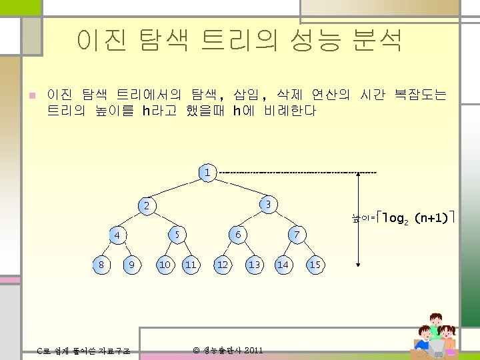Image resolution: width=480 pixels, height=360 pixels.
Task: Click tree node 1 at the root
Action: tap(207, 173)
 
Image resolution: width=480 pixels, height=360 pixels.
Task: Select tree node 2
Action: tap(148, 204)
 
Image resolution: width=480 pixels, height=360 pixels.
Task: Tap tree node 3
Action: tap(267, 204)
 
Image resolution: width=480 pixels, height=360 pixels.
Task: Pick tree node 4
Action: tap(117, 235)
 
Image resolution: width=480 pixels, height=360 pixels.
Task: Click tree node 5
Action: tap(177, 235)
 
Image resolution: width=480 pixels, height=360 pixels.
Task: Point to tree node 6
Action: tap(237, 235)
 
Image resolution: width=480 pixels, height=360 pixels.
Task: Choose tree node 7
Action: tap(297, 235)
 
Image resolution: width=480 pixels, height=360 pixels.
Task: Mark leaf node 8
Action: tap(101, 265)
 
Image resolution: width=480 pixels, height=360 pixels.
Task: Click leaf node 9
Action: tap(132, 265)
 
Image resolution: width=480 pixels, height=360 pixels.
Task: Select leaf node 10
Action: tap(164, 265)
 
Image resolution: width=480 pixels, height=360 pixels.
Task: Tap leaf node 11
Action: tap(191, 265)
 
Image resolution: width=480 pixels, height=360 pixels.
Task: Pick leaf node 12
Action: tap(223, 265)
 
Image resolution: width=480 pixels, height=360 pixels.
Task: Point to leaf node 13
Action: tap(254, 265)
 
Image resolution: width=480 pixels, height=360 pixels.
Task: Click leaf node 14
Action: tap(283, 265)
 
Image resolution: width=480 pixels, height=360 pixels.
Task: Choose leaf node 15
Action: tap(315, 265)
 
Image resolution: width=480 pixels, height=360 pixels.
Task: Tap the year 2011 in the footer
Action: tap(253, 350)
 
